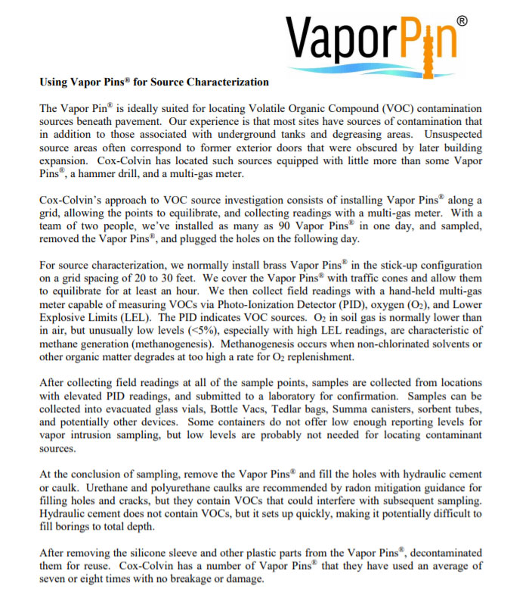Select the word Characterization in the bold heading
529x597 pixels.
227,82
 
